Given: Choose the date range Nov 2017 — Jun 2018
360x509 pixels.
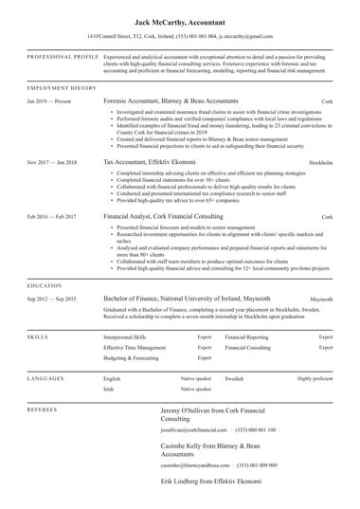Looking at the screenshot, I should point(51,163).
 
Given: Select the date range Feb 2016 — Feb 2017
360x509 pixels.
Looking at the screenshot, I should point(51,217).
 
